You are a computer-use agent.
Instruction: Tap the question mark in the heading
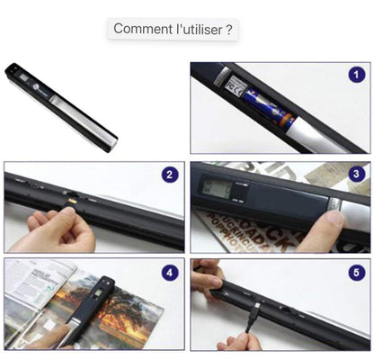[x=230, y=30]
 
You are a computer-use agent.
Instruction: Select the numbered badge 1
[x=357, y=76]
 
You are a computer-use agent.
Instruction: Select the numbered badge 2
[x=169, y=175]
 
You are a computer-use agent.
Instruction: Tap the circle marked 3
[x=356, y=175]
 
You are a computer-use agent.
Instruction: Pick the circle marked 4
[x=169, y=271]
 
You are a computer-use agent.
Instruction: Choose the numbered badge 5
[x=356, y=271]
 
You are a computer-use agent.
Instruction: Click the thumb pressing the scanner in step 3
[x=333, y=216]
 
